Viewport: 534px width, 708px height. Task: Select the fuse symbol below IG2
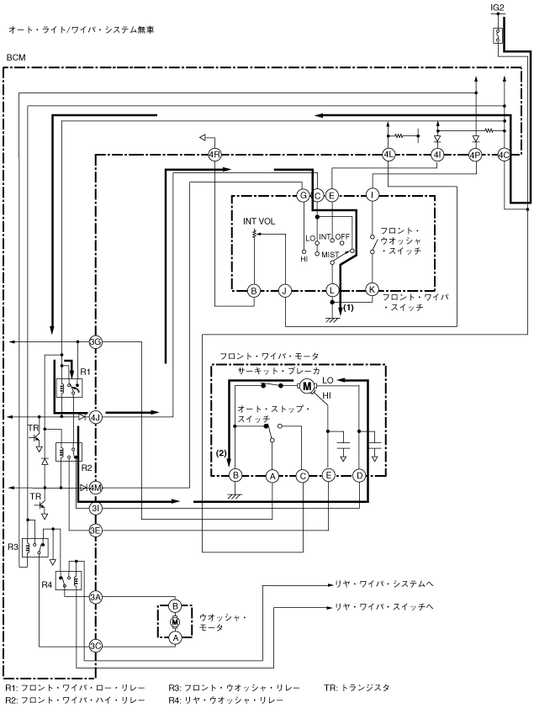coord(498,35)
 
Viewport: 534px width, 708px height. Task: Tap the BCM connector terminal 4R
coord(214,155)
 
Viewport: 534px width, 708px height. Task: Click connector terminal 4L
coord(389,155)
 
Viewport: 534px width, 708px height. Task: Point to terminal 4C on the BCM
coord(504,155)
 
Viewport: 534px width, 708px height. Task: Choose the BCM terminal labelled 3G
coord(95,342)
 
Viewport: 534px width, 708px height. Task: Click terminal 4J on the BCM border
coord(95,416)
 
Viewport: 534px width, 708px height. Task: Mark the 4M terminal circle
coord(95,488)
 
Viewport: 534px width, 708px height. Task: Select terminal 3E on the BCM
coord(95,530)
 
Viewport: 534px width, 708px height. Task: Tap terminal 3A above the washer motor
coord(95,597)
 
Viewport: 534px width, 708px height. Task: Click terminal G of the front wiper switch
coord(303,196)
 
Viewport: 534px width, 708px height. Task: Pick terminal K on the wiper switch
coord(372,289)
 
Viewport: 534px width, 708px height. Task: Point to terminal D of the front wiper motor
coord(359,475)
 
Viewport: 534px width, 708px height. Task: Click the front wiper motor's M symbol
coord(307,386)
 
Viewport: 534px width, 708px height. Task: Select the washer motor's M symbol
coord(175,621)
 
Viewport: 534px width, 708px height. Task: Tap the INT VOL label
coord(259,221)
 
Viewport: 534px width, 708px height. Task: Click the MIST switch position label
coord(330,255)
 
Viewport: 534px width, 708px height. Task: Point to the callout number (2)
coord(220,452)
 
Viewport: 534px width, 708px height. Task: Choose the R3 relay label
coord(13,547)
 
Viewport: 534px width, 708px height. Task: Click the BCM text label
coord(17,58)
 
